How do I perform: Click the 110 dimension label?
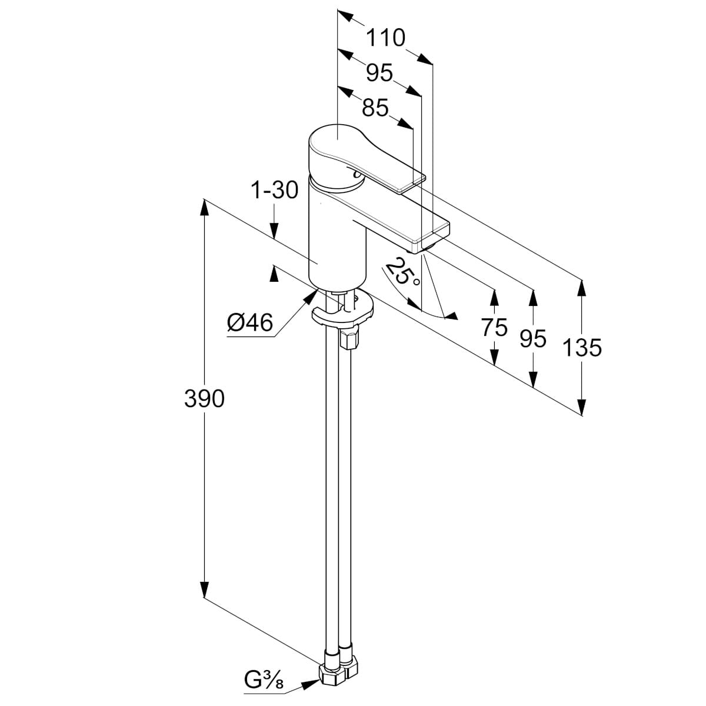pos(385,38)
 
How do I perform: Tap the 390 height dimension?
pos(204,399)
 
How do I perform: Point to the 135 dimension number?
pos(582,348)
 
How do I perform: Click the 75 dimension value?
pos(494,327)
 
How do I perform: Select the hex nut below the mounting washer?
pos(348,339)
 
